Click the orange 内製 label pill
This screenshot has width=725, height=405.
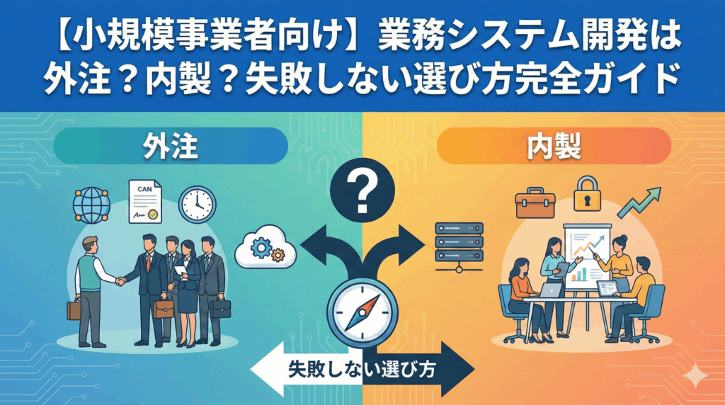tap(554, 147)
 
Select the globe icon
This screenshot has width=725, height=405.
tap(92, 205)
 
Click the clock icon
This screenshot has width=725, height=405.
tap(198, 204)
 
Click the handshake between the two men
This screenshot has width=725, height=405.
tap(122, 281)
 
